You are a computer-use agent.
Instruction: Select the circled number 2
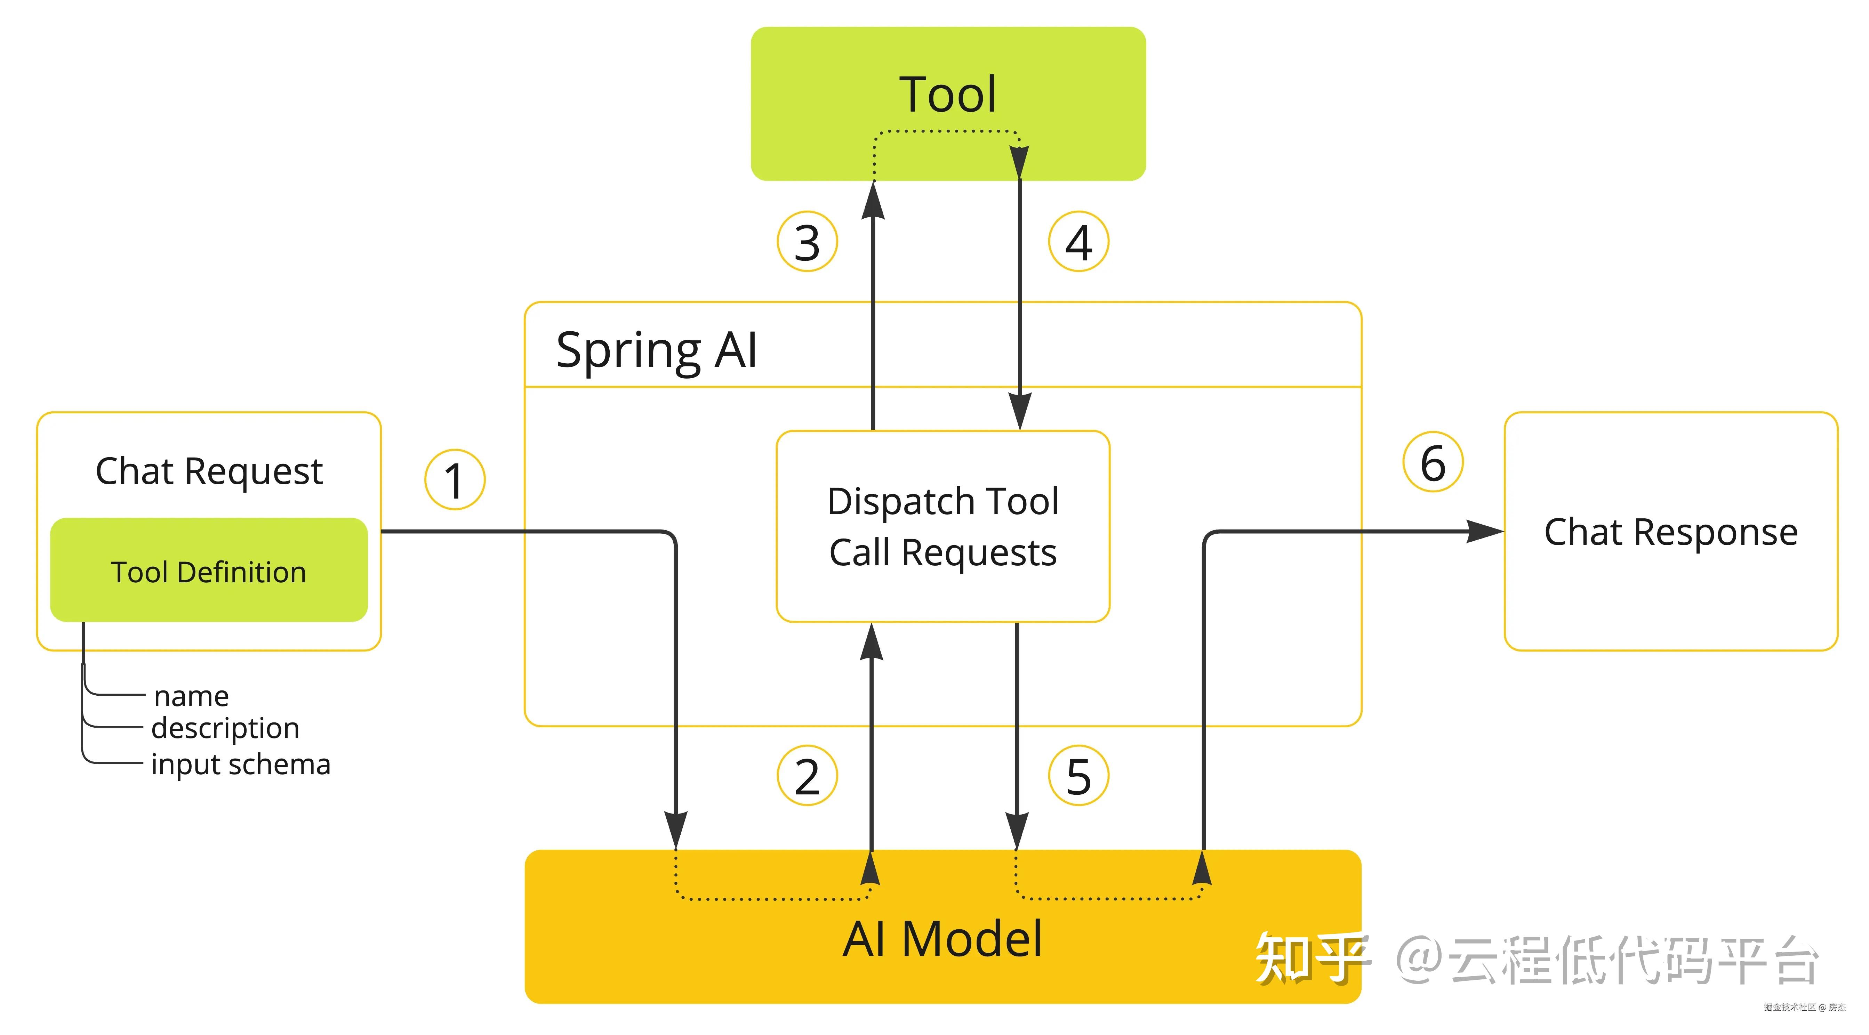(x=807, y=776)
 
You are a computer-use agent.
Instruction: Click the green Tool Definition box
(x=209, y=571)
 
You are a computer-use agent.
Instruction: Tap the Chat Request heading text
(x=209, y=471)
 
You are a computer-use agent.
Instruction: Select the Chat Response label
(x=1670, y=532)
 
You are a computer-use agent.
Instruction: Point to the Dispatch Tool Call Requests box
(x=942, y=527)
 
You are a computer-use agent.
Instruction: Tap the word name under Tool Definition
(x=192, y=696)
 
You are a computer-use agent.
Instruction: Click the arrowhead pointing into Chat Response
(x=1484, y=532)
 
